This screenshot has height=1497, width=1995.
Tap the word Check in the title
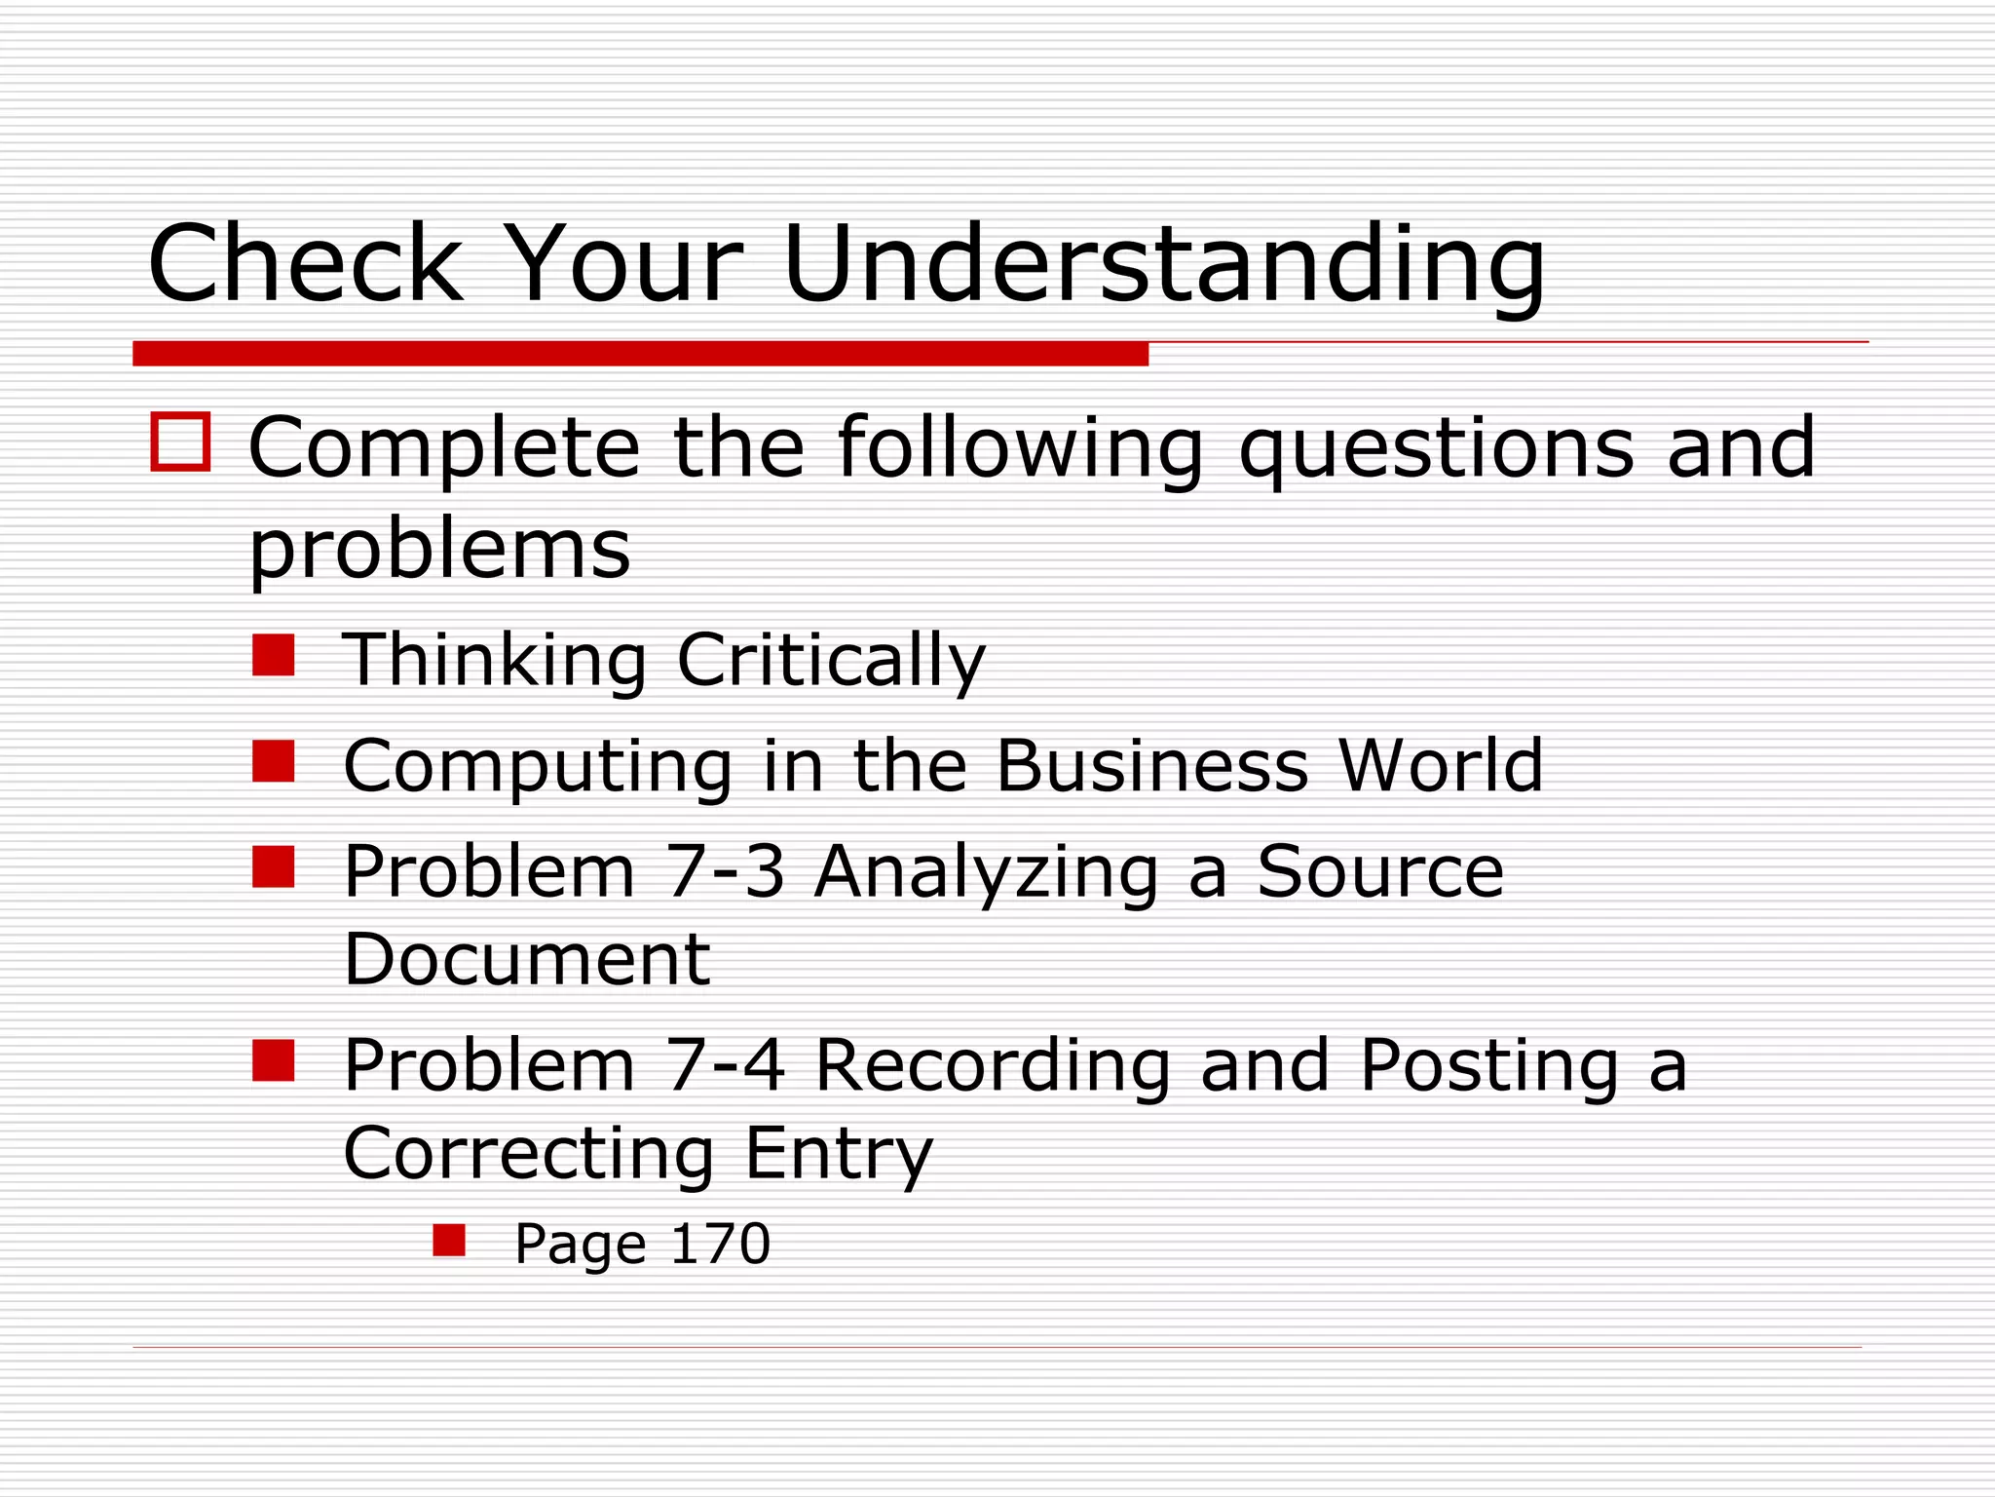305,263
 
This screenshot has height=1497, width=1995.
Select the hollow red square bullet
180,442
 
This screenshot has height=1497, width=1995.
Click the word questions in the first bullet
1436,448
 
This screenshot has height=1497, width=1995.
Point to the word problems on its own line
440,551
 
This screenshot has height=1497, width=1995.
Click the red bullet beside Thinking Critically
273,655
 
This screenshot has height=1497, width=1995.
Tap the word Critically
831,661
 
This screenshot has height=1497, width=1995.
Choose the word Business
1152,766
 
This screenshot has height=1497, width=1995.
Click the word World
1441,766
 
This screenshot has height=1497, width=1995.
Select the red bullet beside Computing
273,761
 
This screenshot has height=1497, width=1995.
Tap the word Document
527,959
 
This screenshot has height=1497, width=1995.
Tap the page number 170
720,1244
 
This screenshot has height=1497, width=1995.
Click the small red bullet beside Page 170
449,1241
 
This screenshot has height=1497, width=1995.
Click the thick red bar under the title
640,353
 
